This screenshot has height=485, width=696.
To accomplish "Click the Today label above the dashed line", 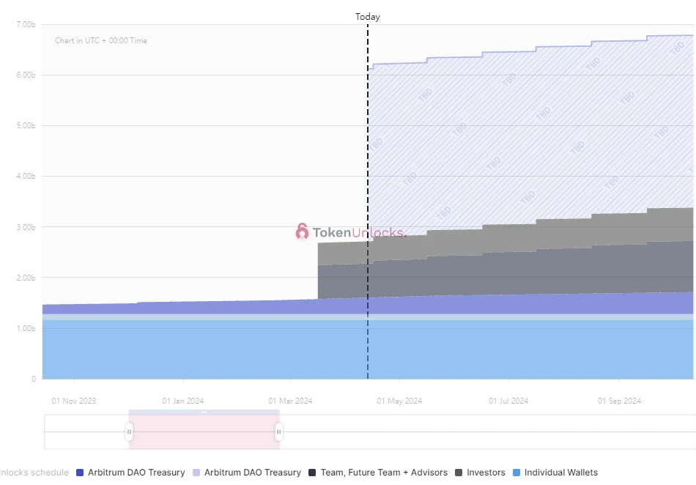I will (368, 16).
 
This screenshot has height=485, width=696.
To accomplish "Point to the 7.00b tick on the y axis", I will (26, 24).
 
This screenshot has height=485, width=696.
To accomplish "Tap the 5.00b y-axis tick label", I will (26, 125).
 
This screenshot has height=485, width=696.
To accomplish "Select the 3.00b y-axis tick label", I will (26, 227).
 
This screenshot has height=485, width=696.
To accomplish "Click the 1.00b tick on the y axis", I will (26, 328).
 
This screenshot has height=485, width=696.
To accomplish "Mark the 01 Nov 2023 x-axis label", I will (73, 401).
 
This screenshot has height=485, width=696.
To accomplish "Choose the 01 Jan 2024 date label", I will (182, 401).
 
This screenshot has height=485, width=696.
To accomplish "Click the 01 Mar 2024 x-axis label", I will (290, 401).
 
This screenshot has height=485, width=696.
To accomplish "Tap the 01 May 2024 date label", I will (399, 401).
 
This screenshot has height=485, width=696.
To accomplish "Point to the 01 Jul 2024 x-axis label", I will (508, 401).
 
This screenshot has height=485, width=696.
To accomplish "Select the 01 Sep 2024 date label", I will (619, 401).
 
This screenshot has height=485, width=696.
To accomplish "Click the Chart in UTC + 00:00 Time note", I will (101, 40).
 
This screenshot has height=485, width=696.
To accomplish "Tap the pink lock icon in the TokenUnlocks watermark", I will (302, 232).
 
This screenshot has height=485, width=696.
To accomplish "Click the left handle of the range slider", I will (130, 432).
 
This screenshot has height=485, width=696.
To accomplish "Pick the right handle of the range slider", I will (279, 432).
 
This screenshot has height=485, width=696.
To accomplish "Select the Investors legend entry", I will (486, 473).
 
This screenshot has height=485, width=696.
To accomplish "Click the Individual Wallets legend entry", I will (560, 473).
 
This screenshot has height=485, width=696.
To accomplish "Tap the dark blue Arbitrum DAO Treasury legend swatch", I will (81, 473).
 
